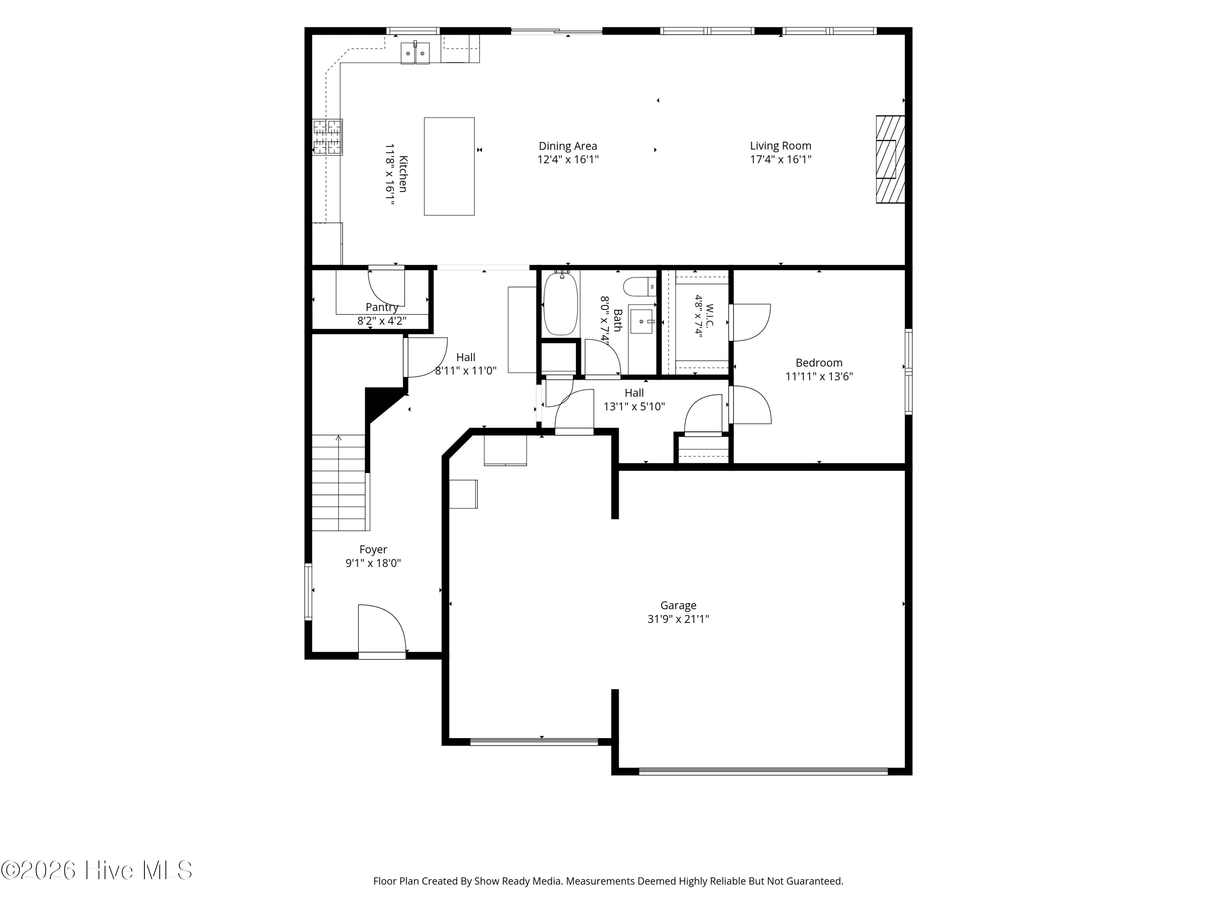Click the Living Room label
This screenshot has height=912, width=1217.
[780, 146]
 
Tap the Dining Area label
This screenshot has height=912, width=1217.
[568, 146]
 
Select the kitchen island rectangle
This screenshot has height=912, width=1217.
[449, 166]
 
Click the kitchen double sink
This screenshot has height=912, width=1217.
[415, 53]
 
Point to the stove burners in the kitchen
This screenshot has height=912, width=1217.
[327, 137]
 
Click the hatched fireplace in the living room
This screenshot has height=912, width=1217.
[890, 159]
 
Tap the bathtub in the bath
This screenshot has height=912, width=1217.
[561, 304]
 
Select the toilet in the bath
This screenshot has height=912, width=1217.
[640, 287]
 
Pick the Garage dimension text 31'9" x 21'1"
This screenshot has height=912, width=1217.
[678, 619]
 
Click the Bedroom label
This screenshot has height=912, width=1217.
[819, 363]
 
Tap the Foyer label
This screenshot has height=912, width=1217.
[373, 549]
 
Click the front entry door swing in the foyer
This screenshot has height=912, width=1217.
[382, 629]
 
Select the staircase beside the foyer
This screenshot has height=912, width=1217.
[338, 483]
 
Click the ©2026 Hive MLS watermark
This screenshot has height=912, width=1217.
[97, 870]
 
